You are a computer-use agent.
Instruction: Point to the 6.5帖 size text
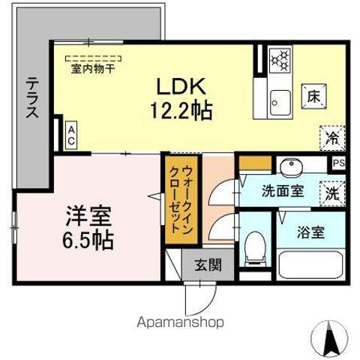pyautogui.click(x=88, y=241)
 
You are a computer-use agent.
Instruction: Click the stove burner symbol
pyautogui.click(x=280, y=60)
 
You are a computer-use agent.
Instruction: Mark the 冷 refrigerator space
pyautogui.click(x=331, y=136)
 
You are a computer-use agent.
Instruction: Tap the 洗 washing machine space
pyautogui.click(x=331, y=191)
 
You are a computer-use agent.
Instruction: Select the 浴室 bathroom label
pyautogui.click(x=310, y=232)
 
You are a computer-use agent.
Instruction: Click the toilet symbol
pyautogui.click(x=255, y=247)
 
